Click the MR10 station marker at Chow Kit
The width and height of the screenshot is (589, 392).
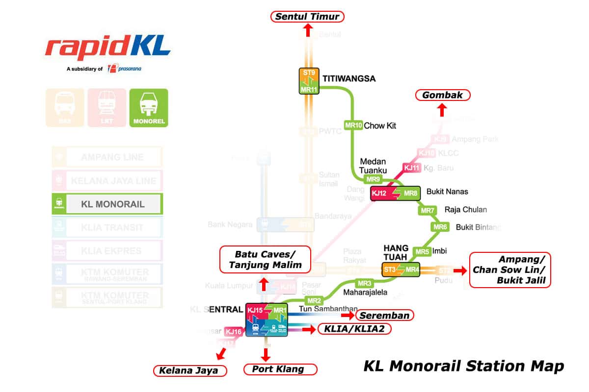pyautogui.click(x=353, y=125)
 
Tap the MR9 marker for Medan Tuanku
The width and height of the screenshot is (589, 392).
pyautogui.click(x=373, y=179)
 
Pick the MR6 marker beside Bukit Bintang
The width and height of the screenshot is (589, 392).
pyautogui.click(x=440, y=227)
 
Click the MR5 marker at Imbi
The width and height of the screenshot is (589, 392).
pyautogui.click(x=422, y=252)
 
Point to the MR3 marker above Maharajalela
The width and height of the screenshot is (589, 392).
pyautogui.click(x=364, y=283)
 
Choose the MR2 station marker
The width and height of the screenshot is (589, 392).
pyautogui.click(x=314, y=300)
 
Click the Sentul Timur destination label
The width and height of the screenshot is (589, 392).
pyautogui.click(x=307, y=17)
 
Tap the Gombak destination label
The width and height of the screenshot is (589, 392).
pyautogui.click(x=443, y=95)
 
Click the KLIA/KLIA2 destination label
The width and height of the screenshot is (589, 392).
pyautogui.click(x=354, y=329)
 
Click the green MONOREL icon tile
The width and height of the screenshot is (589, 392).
pyautogui.click(x=149, y=108)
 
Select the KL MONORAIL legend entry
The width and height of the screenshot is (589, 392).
pyautogui.click(x=107, y=204)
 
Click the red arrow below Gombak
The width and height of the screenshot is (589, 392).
pyautogui.click(x=442, y=110)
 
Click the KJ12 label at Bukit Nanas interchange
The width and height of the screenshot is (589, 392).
pyautogui.click(x=379, y=194)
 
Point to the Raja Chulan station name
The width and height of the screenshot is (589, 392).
pyautogui.click(x=466, y=210)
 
